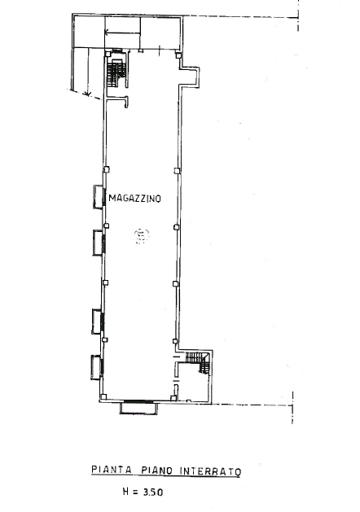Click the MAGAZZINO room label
(x=134, y=198)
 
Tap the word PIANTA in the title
(x=112, y=470)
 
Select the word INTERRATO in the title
(x=210, y=471)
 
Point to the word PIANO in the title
(x=156, y=470)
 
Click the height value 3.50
(x=153, y=492)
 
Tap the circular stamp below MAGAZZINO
(x=142, y=236)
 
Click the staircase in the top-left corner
(x=116, y=72)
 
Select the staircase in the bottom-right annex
(x=198, y=361)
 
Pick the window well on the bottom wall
(x=138, y=408)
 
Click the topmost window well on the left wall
(x=99, y=196)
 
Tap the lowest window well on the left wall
(x=96, y=367)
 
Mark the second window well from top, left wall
(x=98, y=243)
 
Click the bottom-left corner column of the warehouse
(x=103, y=397)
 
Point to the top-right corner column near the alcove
(x=178, y=55)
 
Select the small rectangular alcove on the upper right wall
(x=191, y=77)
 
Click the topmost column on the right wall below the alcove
(x=177, y=171)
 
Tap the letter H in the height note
(x=126, y=491)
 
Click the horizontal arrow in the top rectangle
(x=122, y=32)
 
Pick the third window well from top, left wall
(x=98, y=322)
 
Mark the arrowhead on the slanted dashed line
(x=87, y=94)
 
